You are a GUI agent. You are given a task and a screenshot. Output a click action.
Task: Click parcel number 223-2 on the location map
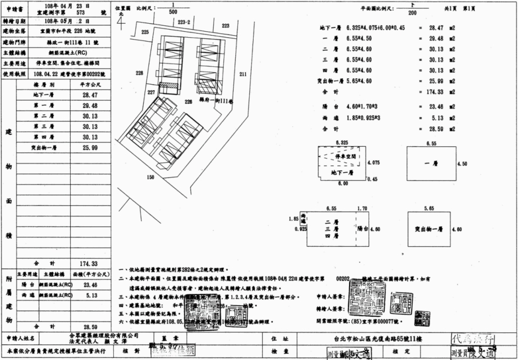(185, 23)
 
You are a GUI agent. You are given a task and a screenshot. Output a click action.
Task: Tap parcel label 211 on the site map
(242, 74)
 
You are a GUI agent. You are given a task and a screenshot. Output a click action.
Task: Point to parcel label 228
(139, 73)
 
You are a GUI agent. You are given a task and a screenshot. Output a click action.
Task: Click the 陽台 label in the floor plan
(362, 229)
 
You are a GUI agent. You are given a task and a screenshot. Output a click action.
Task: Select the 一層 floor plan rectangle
(430, 164)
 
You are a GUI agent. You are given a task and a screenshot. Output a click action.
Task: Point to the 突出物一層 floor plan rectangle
(429, 229)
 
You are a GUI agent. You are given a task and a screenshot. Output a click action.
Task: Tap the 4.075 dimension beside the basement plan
(374, 162)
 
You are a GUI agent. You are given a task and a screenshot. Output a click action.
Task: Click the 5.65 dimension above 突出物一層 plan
(429, 208)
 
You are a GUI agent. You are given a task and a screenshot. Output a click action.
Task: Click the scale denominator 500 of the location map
(173, 11)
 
